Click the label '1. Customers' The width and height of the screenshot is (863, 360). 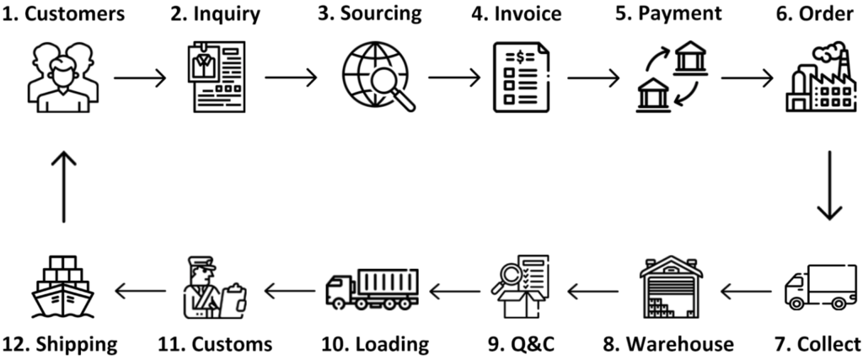coord(63,14)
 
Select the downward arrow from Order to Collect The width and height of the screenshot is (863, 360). coord(830,185)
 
